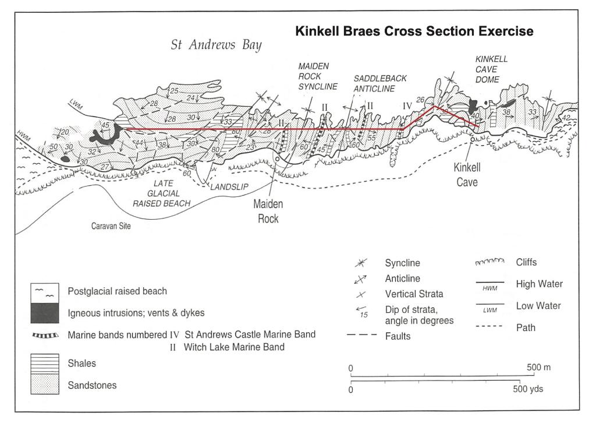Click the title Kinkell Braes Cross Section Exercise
click(414, 31)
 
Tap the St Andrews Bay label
click(216, 45)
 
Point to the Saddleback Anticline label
click(380, 83)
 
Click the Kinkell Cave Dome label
click(492, 69)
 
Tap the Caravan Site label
click(110, 226)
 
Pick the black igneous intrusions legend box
click(45, 313)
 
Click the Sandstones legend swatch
click(45, 385)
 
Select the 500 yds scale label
click(530, 389)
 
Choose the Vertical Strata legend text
click(412, 293)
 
